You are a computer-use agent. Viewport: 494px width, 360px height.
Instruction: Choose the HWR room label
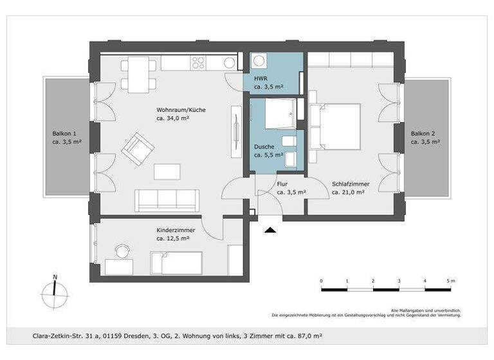pyautogui.click(x=261, y=78)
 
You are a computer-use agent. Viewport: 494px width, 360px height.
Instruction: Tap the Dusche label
pyautogui.click(x=264, y=147)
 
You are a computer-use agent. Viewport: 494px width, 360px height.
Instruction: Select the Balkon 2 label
pyautogui.click(x=425, y=133)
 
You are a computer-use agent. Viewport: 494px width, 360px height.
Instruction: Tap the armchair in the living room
pyautogui.click(x=139, y=148)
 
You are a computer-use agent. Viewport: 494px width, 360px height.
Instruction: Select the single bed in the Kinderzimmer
pyautogui.click(x=176, y=262)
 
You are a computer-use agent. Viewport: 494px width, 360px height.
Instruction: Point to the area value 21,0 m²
pyautogui.click(x=349, y=192)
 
